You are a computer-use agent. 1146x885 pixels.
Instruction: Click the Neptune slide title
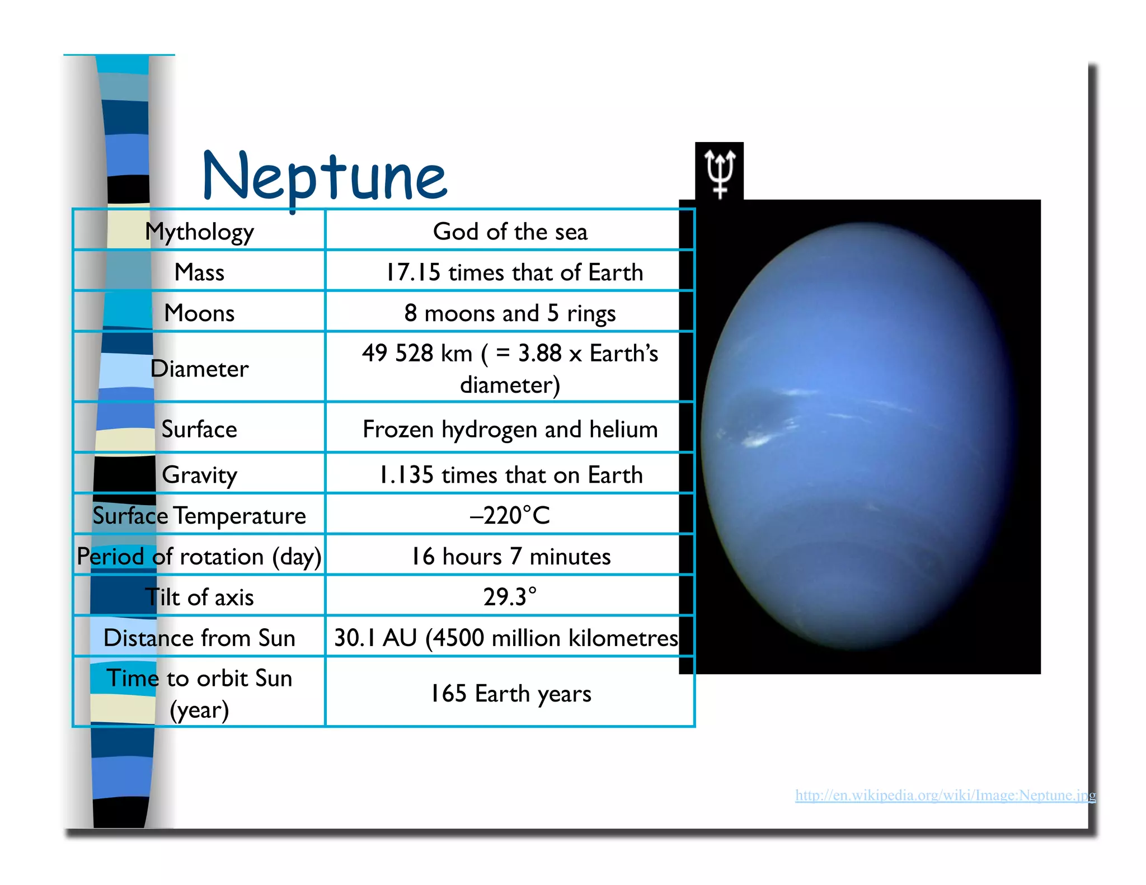click(x=325, y=176)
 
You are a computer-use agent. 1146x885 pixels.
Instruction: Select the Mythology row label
click(x=199, y=231)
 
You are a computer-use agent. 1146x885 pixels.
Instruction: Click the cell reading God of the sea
click(x=510, y=231)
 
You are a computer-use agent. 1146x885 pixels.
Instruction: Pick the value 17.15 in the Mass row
click(x=413, y=272)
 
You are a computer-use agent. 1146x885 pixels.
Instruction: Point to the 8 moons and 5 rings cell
click(x=510, y=313)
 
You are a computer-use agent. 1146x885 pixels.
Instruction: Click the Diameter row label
click(x=199, y=369)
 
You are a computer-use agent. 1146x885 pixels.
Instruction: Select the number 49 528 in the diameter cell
click(x=397, y=354)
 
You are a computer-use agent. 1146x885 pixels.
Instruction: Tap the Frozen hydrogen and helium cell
click(x=510, y=429)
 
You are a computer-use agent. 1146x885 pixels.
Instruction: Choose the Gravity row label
click(x=199, y=475)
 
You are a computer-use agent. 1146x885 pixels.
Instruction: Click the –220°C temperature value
click(x=510, y=515)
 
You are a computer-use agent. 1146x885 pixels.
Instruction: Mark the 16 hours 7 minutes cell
click(x=510, y=557)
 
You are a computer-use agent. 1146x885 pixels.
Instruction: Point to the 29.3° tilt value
click(x=510, y=597)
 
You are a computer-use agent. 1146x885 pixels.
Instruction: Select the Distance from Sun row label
click(x=199, y=638)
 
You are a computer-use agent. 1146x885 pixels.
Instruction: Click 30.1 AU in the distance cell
click(x=375, y=638)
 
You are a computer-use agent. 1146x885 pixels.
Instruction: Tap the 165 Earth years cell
click(x=510, y=694)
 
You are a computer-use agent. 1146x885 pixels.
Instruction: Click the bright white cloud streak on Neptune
click(x=758, y=441)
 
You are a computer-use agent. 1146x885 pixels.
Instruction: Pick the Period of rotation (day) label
click(x=199, y=557)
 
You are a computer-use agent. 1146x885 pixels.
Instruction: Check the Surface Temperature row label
click(x=199, y=515)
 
